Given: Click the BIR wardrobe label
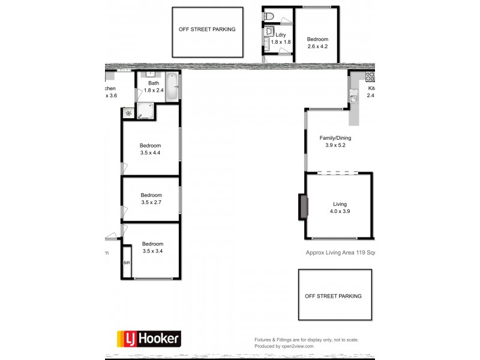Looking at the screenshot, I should click(127, 263).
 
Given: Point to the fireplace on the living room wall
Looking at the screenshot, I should click(304, 207).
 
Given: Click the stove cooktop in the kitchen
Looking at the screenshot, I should click(370, 77).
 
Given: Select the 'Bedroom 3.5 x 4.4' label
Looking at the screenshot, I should click(150, 149).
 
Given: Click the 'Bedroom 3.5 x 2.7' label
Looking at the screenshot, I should click(151, 199).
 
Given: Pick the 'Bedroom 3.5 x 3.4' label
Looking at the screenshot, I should click(152, 247).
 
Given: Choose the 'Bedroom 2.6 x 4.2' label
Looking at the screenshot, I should click(317, 43).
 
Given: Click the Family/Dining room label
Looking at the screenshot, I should click(338, 142).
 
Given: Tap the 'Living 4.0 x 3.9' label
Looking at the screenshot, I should click(340, 208).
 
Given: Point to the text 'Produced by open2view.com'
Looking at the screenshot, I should click(292, 346).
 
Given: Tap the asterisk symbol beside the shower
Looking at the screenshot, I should click(128, 112).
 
